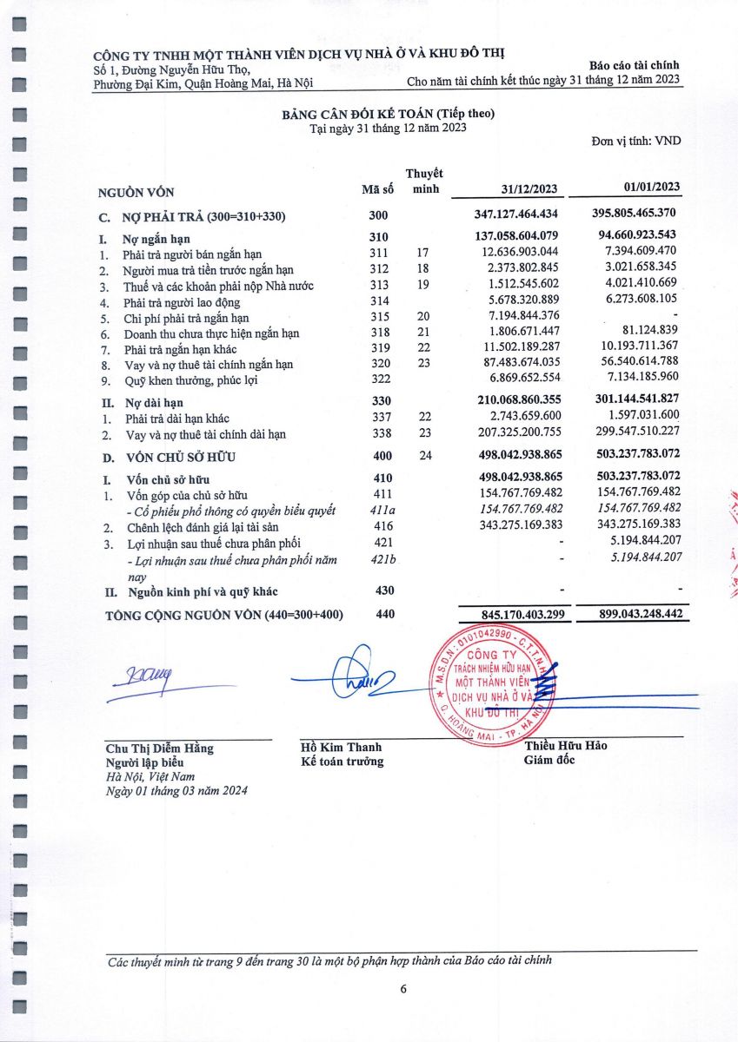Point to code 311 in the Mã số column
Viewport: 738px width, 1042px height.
click(x=377, y=254)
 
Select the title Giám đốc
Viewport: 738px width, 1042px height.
click(x=549, y=761)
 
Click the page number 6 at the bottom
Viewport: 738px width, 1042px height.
click(x=403, y=988)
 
